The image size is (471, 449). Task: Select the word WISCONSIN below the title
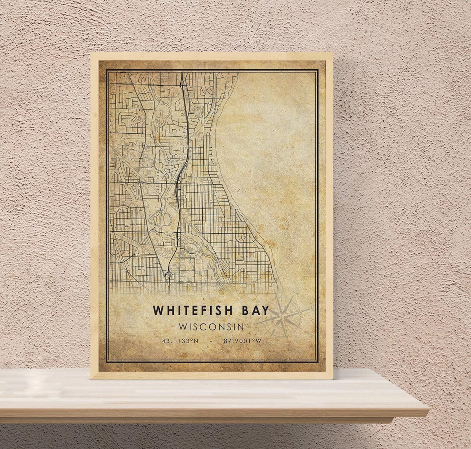click(211, 327)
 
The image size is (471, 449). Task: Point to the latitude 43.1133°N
click(180, 341)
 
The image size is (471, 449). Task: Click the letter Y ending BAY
click(265, 310)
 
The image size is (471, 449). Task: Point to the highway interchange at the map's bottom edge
click(168, 277)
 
